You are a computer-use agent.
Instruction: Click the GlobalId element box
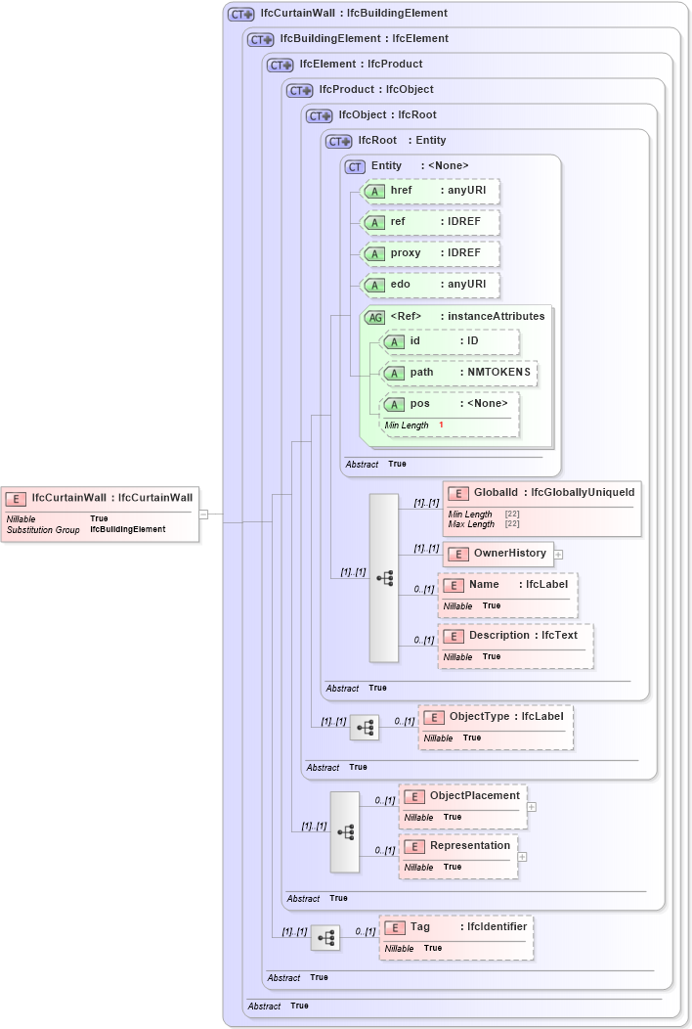[541, 492]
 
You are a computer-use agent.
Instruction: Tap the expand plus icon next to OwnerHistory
[558, 555]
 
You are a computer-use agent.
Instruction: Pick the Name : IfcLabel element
[508, 585]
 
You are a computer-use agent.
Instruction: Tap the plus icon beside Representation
[522, 856]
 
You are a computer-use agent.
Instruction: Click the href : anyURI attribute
[430, 190]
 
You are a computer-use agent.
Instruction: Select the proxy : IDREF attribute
[430, 253]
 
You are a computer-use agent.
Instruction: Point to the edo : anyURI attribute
[430, 285]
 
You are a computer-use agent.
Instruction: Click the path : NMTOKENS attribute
[459, 373]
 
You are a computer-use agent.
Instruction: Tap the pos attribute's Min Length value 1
[441, 425]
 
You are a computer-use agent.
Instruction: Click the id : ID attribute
[450, 341]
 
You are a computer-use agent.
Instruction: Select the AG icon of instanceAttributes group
[374, 317]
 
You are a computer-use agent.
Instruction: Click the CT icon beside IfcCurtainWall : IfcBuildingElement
[241, 15]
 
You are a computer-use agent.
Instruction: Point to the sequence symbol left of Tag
[325, 938]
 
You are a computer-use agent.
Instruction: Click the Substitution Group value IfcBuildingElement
[127, 529]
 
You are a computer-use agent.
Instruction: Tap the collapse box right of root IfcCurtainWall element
[203, 514]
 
